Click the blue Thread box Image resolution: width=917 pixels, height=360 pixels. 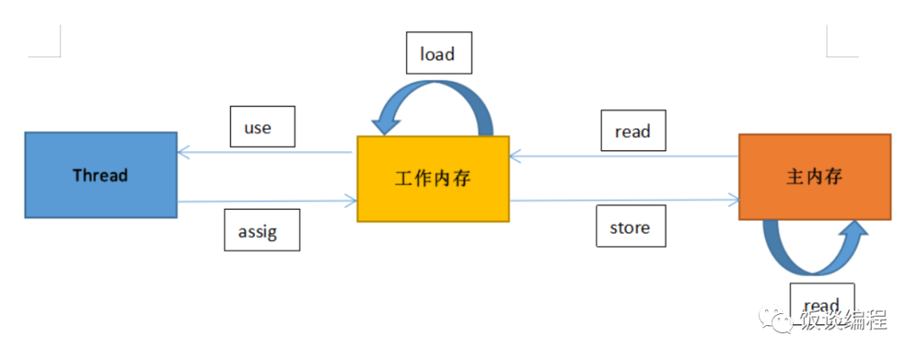click(100, 175)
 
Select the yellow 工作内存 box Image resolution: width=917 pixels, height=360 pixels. click(432, 178)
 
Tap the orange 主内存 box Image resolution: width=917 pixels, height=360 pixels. click(814, 177)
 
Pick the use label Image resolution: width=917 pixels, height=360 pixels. click(262, 127)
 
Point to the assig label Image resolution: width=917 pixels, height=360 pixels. click(262, 230)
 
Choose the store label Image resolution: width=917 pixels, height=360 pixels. click(629, 227)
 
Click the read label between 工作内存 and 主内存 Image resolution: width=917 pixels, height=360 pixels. click(633, 131)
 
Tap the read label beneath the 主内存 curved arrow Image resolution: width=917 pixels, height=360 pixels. click(821, 304)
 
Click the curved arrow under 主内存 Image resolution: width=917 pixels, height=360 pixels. click(814, 250)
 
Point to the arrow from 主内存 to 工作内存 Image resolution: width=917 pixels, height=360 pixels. click(624, 156)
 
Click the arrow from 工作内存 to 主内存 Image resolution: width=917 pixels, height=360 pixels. click(624, 200)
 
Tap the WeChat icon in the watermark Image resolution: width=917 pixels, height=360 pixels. click(779, 321)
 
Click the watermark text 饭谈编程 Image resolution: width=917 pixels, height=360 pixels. click(844, 321)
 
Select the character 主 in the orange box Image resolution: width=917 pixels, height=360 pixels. click(796, 177)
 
